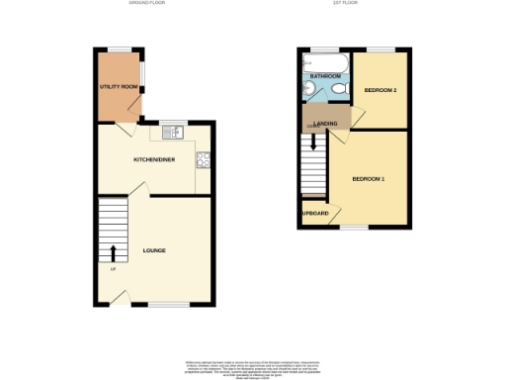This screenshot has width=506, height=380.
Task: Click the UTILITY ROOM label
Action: (x=117, y=88)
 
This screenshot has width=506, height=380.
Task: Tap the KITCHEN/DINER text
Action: (x=154, y=158)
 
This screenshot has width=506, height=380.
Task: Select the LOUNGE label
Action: (x=153, y=250)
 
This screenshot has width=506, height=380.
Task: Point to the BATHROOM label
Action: (x=325, y=76)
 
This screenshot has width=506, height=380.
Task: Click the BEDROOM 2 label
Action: (x=380, y=90)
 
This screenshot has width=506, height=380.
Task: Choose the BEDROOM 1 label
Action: (x=369, y=178)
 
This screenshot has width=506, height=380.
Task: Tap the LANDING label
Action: (x=326, y=123)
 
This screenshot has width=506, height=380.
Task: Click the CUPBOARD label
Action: (x=315, y=213)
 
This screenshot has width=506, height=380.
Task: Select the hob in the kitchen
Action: (x=204, y=158)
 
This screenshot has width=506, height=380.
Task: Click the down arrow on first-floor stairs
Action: (x=314, y=141)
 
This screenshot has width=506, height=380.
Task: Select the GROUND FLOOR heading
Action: (x=147, y=4)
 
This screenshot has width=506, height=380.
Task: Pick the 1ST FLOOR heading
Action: (x=345, y=4)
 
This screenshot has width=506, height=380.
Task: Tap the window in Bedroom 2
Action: (x=381, y=49)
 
